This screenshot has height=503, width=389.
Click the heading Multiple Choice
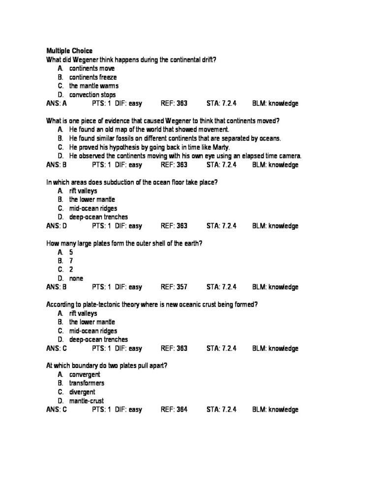69,51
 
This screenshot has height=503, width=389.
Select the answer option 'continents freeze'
92,77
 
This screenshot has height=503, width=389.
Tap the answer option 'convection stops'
92,95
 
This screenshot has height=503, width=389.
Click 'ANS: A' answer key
57,104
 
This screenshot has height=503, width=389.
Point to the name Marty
220,147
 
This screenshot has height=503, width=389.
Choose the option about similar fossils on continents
175,139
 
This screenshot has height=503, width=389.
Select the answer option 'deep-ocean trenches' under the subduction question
98,217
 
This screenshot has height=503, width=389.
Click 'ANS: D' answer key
57,226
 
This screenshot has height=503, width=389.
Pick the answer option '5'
71,252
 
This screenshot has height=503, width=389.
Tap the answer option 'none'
76,279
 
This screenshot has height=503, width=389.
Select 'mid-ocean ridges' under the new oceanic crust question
93,331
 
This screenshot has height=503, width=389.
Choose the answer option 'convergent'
85,374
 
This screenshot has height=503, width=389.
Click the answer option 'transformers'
87,383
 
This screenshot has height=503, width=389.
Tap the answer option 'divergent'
82,392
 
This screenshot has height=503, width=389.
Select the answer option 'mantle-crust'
87,401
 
